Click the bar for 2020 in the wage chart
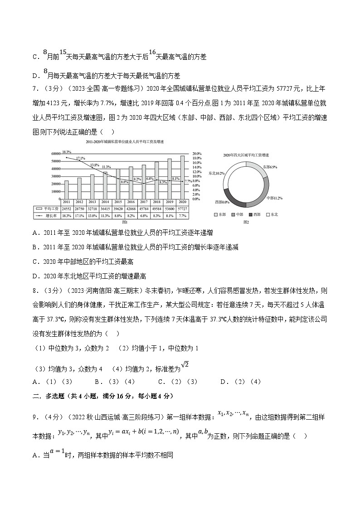pos(182,177)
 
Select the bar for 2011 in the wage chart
pos(66,189)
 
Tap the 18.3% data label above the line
pos(66,152)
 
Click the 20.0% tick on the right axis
pos(196,153)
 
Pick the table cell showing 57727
pos(182,208)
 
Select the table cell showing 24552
pos(66,208)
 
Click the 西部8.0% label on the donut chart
pos(221,202)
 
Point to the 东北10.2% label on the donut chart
pos(217,173)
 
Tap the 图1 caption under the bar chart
pos(125,222)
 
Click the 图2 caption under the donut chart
pos(246,222)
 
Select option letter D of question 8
pos(224,382)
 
